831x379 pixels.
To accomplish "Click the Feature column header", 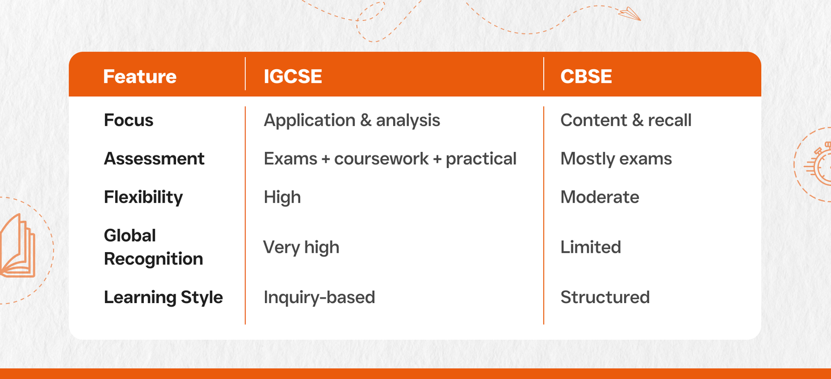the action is [140, 76].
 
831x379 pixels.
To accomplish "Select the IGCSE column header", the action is [293, 76].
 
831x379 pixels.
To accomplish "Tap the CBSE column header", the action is [586, 76].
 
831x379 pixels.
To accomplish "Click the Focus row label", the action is [128, 120].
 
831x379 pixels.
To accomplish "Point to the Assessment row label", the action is [154, 159].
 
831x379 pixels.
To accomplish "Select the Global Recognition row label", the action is [153, 247].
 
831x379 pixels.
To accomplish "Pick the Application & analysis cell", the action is [352, 121].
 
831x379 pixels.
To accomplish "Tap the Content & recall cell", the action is [626, 120].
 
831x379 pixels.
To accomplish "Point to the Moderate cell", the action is [599, 197].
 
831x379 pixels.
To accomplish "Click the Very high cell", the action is [301, 247].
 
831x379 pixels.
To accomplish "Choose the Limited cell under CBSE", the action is [591, 247].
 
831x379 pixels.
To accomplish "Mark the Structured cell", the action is [605, 297].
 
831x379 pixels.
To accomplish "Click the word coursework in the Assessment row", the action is [381, 159].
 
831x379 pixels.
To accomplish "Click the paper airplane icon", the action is [629, 14].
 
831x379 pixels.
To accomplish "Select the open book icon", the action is [18, 246].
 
